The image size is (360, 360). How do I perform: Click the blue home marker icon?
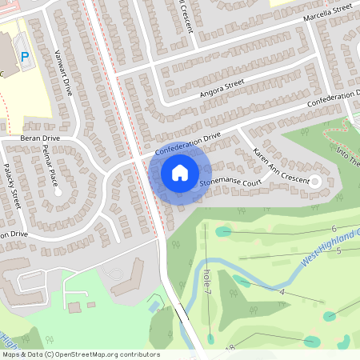(180, 173)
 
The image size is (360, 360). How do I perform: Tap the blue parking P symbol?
(24, 57)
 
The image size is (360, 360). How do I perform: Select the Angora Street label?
(222, 86)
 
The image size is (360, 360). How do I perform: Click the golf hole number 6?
(334, 230)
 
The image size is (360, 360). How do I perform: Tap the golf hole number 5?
(338, 251)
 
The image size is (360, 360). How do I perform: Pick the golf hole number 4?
(282, 292)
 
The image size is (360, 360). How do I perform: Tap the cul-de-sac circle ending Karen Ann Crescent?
(314, 182)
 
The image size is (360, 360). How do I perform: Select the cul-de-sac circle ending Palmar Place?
(58, 192)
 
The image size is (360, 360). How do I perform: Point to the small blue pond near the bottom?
(154, 306)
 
